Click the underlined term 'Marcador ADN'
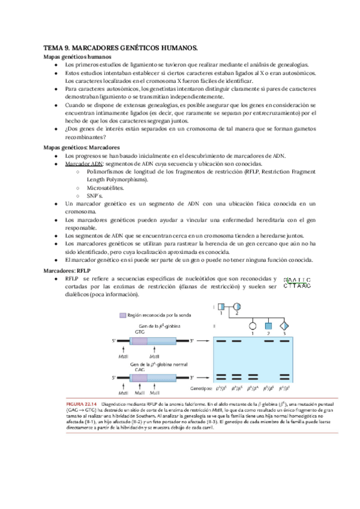84,164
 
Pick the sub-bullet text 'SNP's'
96,196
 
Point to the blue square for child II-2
269,327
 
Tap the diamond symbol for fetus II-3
284,327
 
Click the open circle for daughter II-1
253,327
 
